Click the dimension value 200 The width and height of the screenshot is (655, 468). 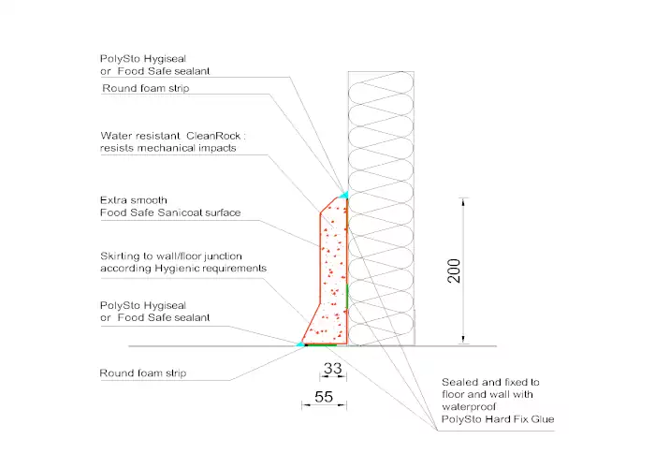(x=454, y=271)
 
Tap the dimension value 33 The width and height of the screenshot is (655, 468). (x=333, y=368)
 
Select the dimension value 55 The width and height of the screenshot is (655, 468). (x=324, y=397)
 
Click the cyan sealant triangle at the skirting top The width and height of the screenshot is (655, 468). (x=343, y=195)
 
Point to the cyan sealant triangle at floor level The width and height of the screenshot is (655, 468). (x=300, y=344)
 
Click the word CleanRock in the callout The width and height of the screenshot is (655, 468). (x=213, y=136)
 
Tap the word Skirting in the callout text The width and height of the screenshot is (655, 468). (x=121, y=256)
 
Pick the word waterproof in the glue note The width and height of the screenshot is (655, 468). (x=469, y=406)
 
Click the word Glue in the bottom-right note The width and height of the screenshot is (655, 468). (x=543, y=419)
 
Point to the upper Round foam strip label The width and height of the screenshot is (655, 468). (x=146, y=88)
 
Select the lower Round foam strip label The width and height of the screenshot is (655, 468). (x=143, y=373)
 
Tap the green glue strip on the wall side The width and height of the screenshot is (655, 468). (x=347, y=296)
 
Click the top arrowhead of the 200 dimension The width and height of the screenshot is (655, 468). (x=463, y=202)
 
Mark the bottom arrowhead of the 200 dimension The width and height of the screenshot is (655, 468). (x=463, y=339)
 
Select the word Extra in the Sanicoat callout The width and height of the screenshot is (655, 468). (x=113, y=200)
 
